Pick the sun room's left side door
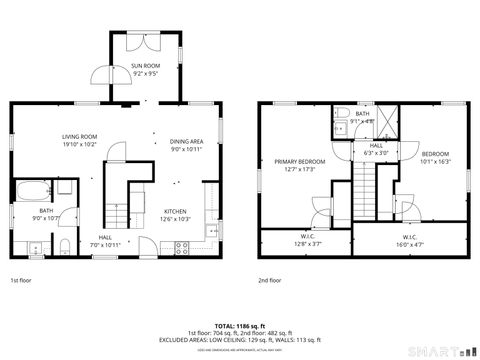(x=101, y=75)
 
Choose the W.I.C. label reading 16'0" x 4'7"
(x=409, y=239)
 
